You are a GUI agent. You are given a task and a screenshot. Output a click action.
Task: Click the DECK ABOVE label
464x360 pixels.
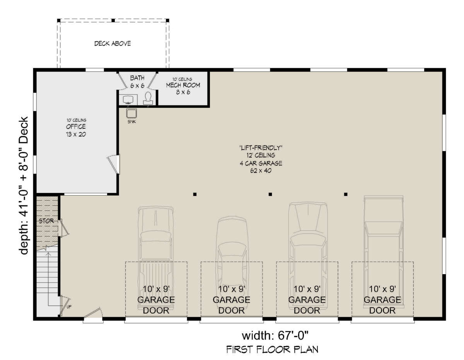click(113, 44)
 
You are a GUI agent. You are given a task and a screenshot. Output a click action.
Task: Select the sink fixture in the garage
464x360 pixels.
click(131, 113)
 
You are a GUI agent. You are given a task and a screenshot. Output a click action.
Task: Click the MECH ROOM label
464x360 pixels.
click(183, 85)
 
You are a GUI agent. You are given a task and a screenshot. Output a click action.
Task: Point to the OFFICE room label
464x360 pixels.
click(76, 126)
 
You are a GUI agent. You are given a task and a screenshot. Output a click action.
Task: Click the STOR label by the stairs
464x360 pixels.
click(46, 221)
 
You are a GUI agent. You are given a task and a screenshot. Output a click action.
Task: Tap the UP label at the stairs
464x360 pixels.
click(69, 307)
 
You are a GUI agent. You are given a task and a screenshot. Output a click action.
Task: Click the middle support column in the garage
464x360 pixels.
click(270, 194)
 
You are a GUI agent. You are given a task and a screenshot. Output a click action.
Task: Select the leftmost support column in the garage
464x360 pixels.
click(195, 194)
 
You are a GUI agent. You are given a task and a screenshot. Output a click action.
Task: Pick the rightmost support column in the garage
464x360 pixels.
click(346, 194)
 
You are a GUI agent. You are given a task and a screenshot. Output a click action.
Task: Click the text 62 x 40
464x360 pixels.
click(261, 171)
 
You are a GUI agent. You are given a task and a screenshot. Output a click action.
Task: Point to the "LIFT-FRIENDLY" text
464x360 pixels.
click(261, 148)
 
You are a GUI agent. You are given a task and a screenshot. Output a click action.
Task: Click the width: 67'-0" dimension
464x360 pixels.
click(275, 335)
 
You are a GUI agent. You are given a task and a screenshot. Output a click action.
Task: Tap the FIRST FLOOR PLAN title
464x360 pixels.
click(272, 350)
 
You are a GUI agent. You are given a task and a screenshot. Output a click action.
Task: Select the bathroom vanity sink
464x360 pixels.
click(128, 99)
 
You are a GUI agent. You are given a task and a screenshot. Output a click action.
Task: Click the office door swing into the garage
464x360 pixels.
click(113, 164)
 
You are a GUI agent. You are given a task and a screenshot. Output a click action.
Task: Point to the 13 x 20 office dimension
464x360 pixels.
click(76, 135)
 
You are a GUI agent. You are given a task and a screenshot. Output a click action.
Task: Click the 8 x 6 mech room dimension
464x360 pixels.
click(183, 92)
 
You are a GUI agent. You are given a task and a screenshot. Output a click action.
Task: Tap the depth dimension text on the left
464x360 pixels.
click(24, 186)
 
